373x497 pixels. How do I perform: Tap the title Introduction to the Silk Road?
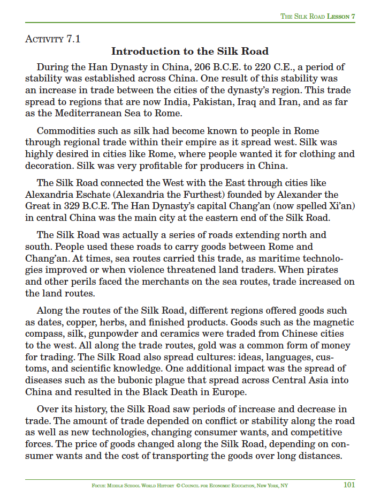(189, 51)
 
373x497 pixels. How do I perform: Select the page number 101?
(349, 485)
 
